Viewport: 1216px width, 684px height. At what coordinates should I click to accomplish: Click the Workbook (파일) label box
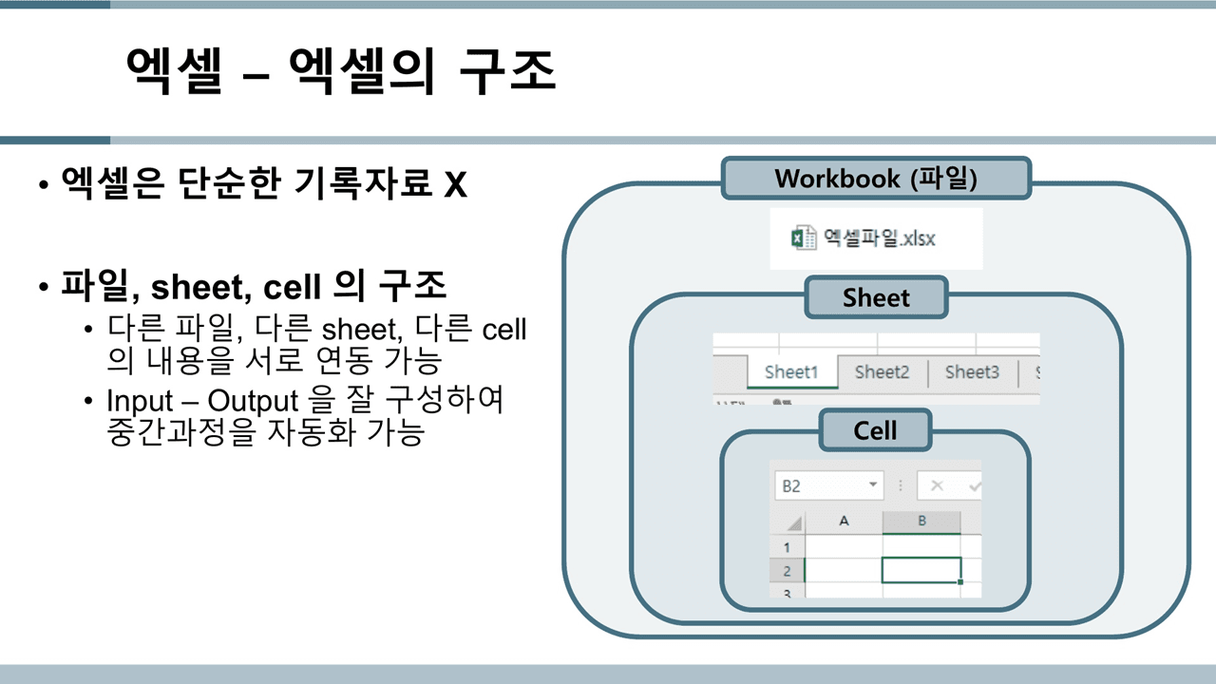(x=876, y=179)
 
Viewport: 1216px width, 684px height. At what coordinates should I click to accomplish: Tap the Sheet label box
(x=876, y=298)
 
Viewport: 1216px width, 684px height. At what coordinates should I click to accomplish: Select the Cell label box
(x=875, y=430)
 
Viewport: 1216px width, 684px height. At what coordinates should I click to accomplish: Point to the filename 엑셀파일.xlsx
(x=879, y=237)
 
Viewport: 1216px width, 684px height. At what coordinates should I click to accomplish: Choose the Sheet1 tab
(x=790, y=372)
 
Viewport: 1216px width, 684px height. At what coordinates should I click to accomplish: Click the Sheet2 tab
(x=882, y=372)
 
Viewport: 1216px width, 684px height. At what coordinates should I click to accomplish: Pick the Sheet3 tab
(x=972, y=372)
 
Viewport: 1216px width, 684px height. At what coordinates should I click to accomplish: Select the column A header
(x=844, y=522)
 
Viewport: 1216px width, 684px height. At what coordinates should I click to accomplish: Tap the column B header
(x=921, y=522)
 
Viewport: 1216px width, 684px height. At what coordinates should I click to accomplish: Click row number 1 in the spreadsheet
(x=787, y=547)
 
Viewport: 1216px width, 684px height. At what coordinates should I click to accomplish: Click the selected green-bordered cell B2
(x=921, y=570)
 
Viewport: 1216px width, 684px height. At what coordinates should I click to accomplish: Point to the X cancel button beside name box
(x=937, y=485)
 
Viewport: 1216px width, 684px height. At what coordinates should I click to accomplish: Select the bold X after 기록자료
(x=455, y=183)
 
